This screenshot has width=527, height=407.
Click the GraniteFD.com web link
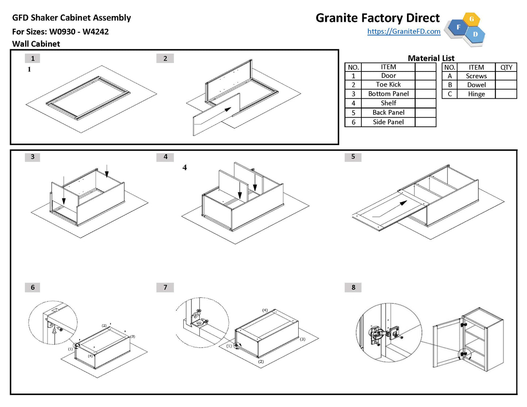tap(404, 31)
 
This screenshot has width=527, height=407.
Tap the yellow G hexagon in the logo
tap(471, 19)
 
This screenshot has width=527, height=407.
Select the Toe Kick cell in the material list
tap(388, 85)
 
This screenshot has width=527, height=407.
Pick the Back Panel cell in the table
tap(388, 113)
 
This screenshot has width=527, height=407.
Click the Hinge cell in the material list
tap(476, 94)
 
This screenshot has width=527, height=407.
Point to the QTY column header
tap(506, 67)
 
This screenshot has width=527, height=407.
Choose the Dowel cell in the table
tap(476, 85)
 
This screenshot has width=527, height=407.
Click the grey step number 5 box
tap(353, 157)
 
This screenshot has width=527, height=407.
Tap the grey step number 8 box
tap(353, 287)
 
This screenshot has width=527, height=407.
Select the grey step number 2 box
tap(165, 58)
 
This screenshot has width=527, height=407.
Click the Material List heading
tap(431, 58)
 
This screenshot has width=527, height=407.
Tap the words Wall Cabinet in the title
tap(36, 44)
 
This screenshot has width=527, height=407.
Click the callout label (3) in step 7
tap(302, 339)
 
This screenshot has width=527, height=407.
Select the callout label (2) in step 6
tap(104, 325)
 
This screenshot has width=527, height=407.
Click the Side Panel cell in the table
tap(388, 122)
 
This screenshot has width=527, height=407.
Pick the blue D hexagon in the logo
tap(475, 34)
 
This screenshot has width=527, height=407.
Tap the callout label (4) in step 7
tap(265, 310)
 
